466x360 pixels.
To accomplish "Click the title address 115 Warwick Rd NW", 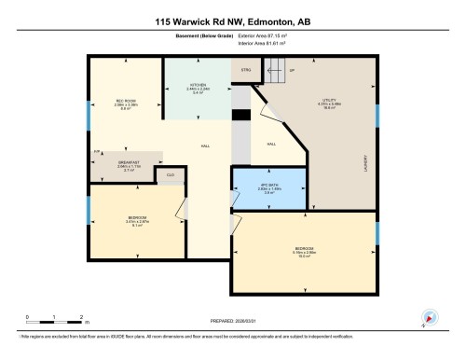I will (232, 20).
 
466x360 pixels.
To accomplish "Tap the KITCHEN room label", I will (197, 87).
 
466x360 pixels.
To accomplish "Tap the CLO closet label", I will (171, 174).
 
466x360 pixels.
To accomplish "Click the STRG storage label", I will (245, 69).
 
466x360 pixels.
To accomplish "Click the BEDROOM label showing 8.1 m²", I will (136, 221).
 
